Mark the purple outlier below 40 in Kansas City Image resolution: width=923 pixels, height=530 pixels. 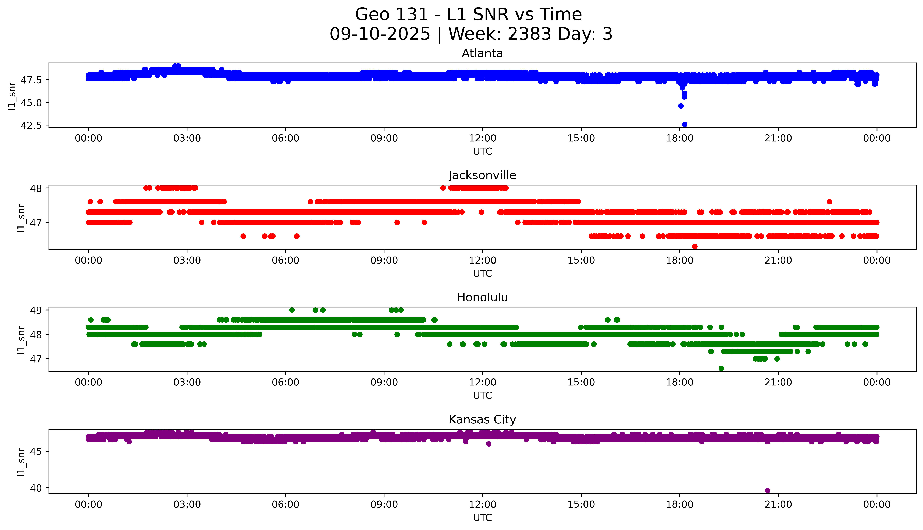tap(768, 490)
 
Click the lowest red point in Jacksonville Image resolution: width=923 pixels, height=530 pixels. tap(695, 246)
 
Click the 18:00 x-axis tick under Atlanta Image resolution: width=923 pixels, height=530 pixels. tap(680, 138)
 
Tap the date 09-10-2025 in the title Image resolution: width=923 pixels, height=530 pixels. tap(380, 34)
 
